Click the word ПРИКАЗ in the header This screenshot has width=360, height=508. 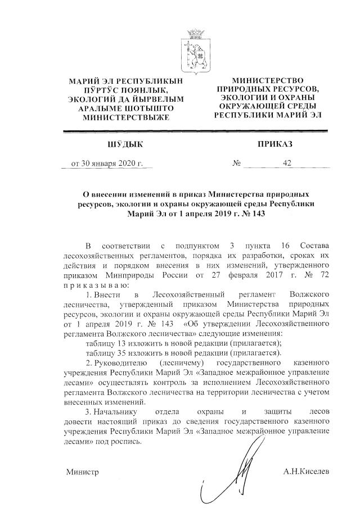[x=275, y=144]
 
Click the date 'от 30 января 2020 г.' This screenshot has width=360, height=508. [x=107, y=164]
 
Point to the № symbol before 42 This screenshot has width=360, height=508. [x=237, y=164]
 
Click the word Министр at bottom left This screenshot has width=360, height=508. [x=83, y=471]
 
